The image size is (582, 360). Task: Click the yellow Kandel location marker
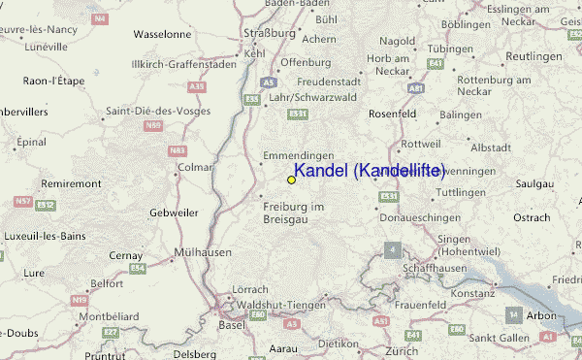pyautogui.click(x=291, y=180)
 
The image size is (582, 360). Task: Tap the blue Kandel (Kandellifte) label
pyautogui.click(x=369, y=171)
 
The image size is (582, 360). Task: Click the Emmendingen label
pyautogui.click(x=299, y=155)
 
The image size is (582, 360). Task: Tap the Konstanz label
pyautogui.click(x=473, y=292)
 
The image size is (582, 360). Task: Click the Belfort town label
pyautogui.click(x=106, y=283)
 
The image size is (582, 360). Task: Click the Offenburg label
pyautogui.click(x=299, y=62)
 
